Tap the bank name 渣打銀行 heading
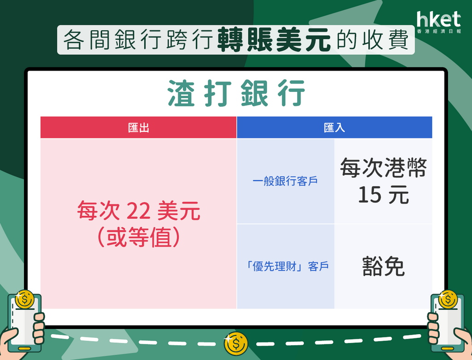pyautogui.click(x=236, y=93)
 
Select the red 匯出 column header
pyautogui.click(x=138, y=128)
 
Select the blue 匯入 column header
pyautogui.click(x=335, y=128)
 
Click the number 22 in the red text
pyautogui.click(x=138, y=211)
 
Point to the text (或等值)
pyautogui.click(x=139, y=237)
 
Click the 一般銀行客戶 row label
pyautogui.click(x=285, y=181)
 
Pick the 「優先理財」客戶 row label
pyautogui.click(x=287, y=266)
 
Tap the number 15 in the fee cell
pyautogui.click(x=370, y=195)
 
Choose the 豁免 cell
pyautogui.click(x=383, y=266)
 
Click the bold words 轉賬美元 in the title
pyautogui.click(x=273, y=40)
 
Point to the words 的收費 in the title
pyautogui.click(x=372, y=40)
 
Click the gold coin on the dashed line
pyautogui.click(x=236, y=343)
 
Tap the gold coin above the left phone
pyautogui.click(x=25, y=300)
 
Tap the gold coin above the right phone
pyautogui.click(x=448, y=300)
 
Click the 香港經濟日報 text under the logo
pyautogui.click(x=439, y=31)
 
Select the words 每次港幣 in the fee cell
pyautogui.click(x=383, y=168)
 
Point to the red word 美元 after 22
pyautogui.click(x=178, y=211)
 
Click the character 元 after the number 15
pyautogui.click(x=398, y=195)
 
